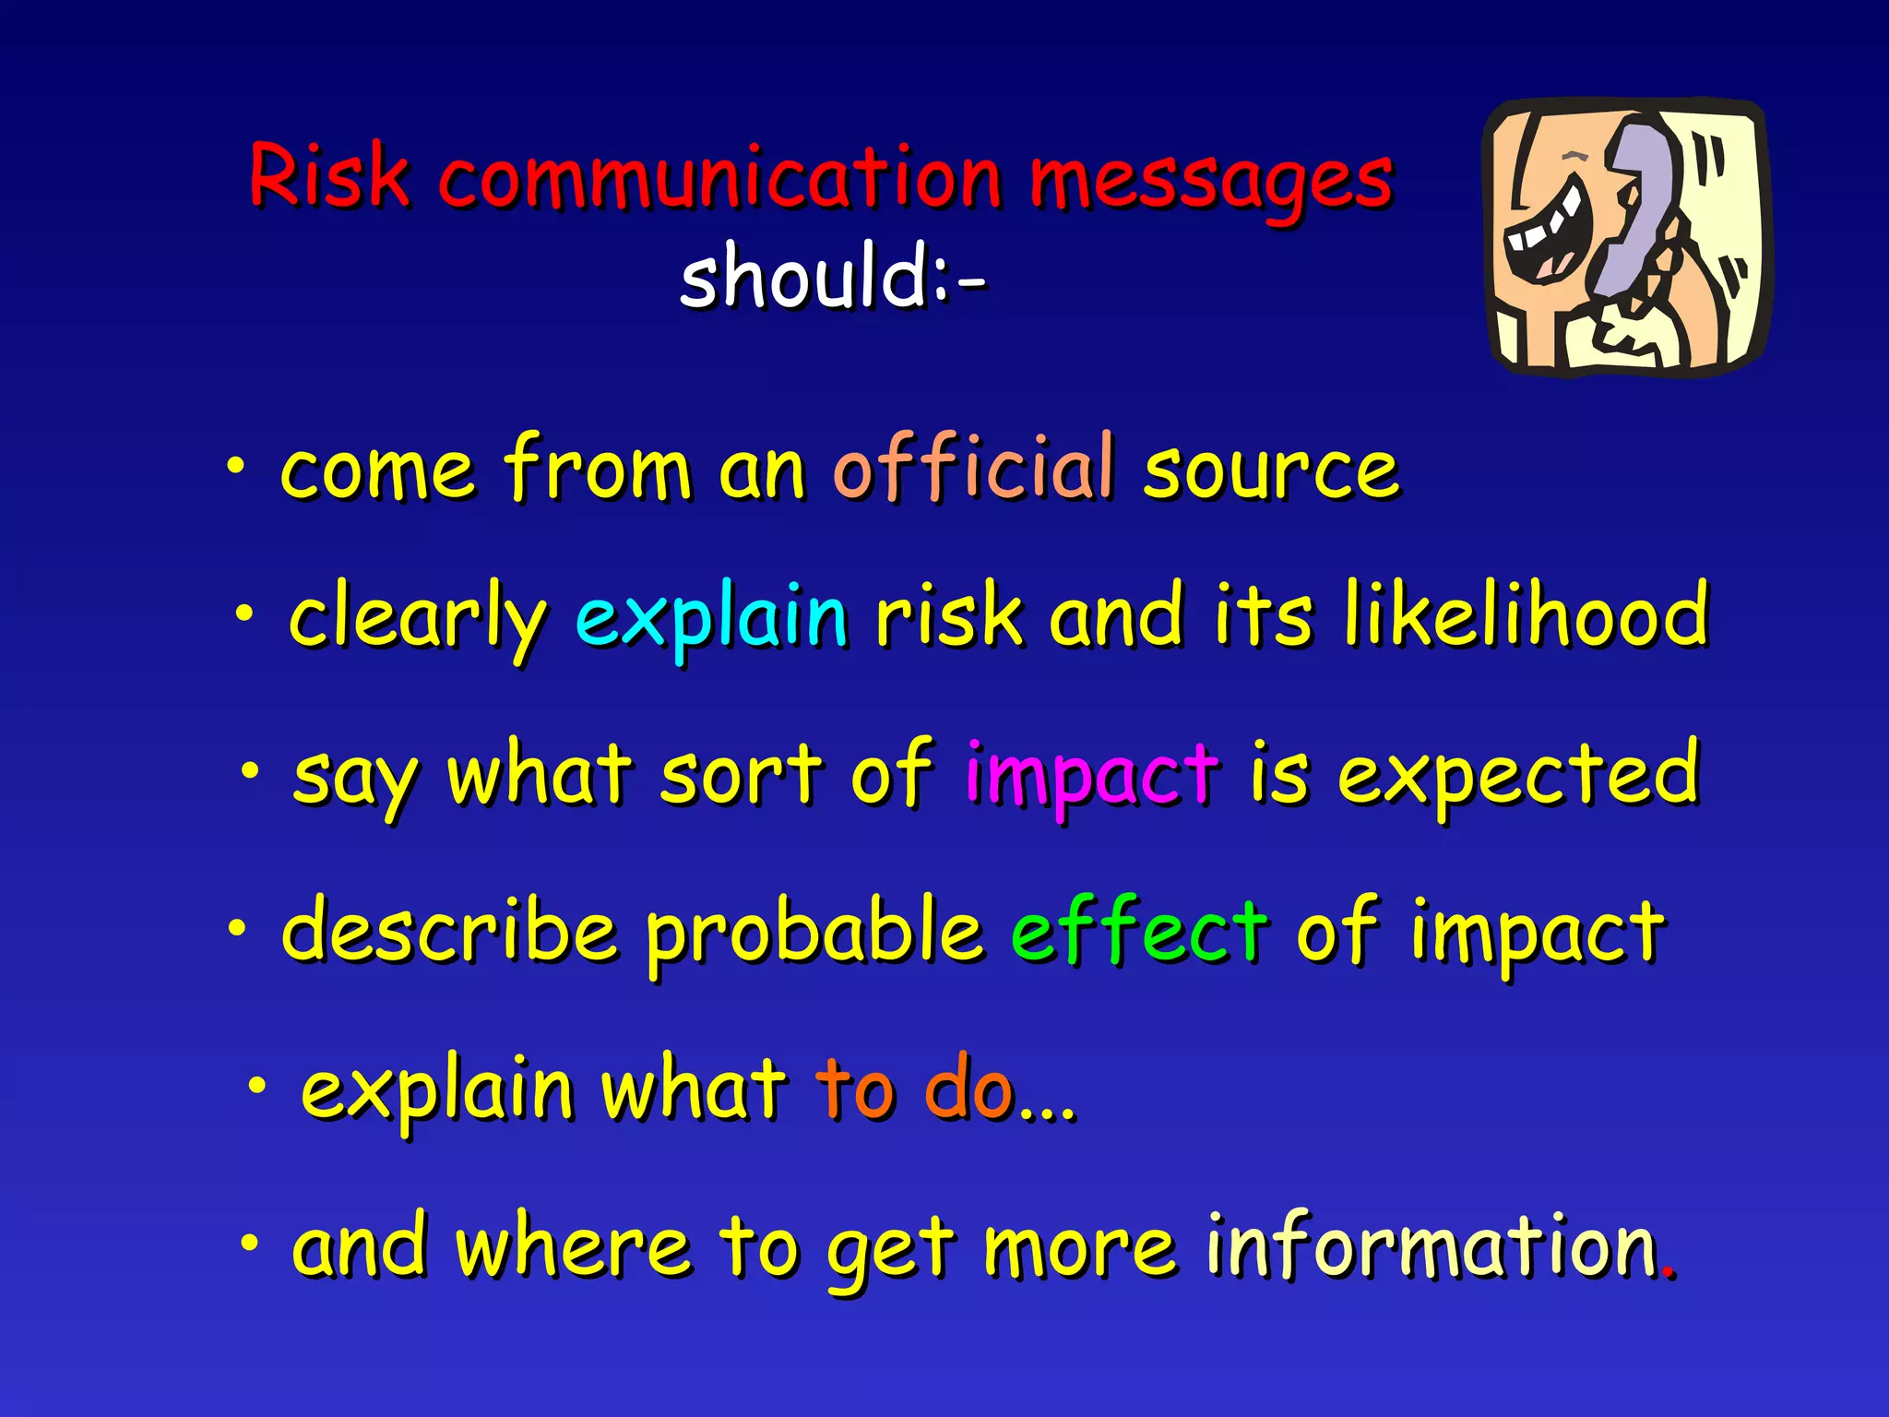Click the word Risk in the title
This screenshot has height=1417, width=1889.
[x=328, y=175]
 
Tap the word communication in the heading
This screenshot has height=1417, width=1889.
[x=720, y=177]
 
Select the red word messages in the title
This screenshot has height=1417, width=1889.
[x=1210, y=180]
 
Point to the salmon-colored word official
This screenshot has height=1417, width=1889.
[x=974, y=470]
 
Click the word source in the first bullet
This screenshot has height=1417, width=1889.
[x=1271, y=471]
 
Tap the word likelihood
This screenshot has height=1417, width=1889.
[x=1527, y=614]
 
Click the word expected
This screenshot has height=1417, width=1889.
[x=1518, y=776]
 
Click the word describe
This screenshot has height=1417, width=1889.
[x=450, y=931]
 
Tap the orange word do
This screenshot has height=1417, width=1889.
[x=968, y=1090]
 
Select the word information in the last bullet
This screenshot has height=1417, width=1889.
[x=1432, y=1246]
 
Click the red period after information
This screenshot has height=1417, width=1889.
[x=1668, y=1274]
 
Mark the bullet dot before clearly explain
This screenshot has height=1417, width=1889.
[x=244, y=613]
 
